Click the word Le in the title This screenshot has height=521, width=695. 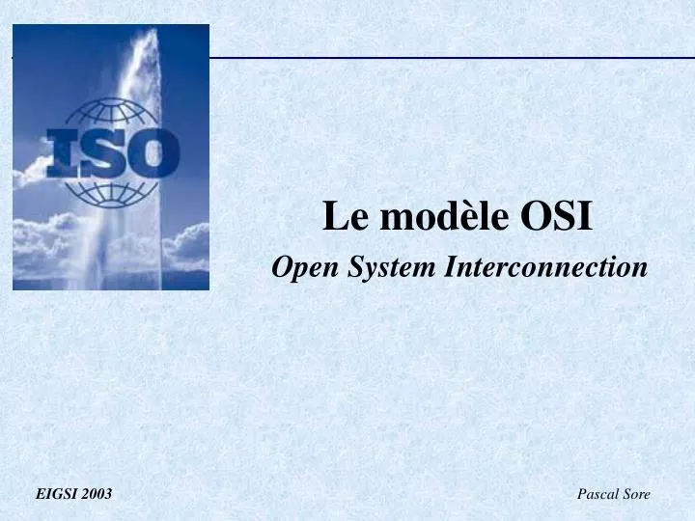click(339, 217)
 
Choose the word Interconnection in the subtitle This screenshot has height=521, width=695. click(545, 267)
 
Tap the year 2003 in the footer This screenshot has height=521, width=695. click(97, 494)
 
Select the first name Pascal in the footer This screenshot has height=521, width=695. click(598, 494)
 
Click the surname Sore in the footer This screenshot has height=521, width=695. click(636, 494)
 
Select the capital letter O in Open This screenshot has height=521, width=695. click(282, 267)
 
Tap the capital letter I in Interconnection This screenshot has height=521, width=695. click(449, 267)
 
